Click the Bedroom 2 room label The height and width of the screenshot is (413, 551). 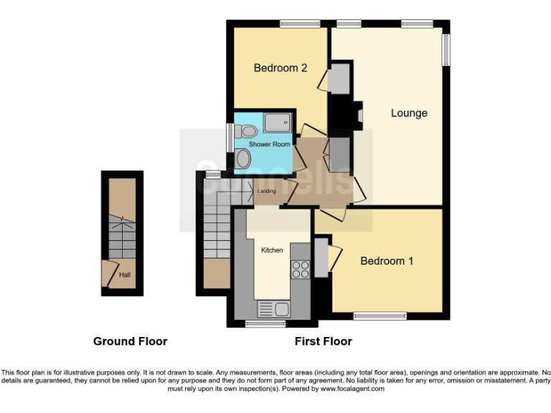[281, 68]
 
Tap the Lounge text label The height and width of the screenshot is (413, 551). [409, 113]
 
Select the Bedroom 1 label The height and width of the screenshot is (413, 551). [387, 261]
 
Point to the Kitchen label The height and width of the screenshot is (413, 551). [272, 250]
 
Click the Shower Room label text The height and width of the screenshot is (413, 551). [269, 144]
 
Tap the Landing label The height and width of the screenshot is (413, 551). [266, 191]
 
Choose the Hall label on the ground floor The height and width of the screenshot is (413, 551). [125, 274]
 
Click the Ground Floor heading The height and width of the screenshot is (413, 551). [130, 341]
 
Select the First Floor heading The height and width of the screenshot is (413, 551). [323, 341]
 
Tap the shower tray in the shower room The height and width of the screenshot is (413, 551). [278, 123]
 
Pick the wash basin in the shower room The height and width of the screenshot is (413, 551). [243, 159]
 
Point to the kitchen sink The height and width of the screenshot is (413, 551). [273, 309]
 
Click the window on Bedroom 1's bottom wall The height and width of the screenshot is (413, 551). [379, 315]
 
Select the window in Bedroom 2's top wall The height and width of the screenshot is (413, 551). [299, 24]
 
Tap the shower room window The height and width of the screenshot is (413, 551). [230, 136]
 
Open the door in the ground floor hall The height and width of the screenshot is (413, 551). [108, 272]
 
